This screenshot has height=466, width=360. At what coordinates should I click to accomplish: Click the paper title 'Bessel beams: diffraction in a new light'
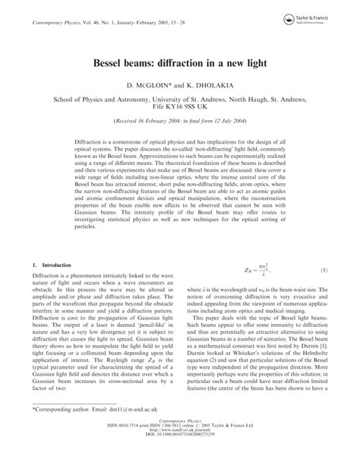point(179,57)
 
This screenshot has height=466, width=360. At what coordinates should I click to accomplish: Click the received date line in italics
point(179,122)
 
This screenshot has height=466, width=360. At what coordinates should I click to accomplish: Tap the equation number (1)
point(324,271)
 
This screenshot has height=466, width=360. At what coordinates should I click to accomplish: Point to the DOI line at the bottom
point(180,458)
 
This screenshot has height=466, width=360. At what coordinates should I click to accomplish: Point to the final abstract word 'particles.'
point(86,226)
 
